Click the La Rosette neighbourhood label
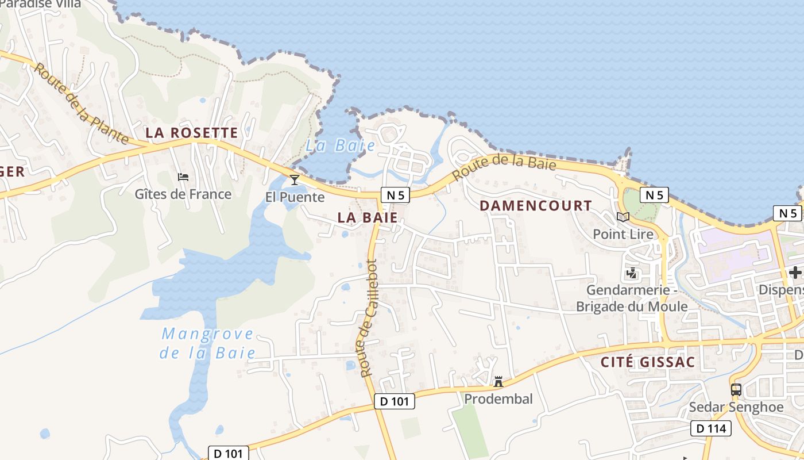click(191, 133)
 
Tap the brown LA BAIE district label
click(368, 217)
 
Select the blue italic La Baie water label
click(340, 145)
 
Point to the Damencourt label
click(535, 205)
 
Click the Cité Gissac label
click(648, 362)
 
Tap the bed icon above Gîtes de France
click(183, 177)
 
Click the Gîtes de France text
click(183, 194)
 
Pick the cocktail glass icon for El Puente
click(295, 180)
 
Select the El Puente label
click(295, 197)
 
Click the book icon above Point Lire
click(623, 217)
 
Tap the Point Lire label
click(623, 234)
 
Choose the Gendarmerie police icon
click(632, 273)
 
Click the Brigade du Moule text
click(632, 306)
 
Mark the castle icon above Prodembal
click(498, 381)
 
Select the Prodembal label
click(498, 398)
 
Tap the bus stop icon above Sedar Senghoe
click(736, 390)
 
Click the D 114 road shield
click(711, 428)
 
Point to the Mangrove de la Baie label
click(207, 343)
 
